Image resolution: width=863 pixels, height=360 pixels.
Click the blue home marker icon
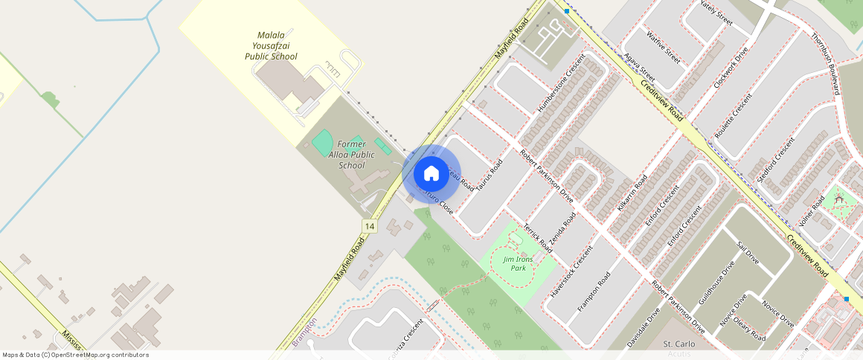(x=431, y=173)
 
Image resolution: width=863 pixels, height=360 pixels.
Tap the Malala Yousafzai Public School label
(x=272, y=46)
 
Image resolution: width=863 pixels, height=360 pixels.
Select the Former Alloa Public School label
(x=352, y=155)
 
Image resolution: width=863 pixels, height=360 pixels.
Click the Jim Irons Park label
(x=514, y=263)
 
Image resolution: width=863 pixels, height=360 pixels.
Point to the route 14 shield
(x=369, y=225)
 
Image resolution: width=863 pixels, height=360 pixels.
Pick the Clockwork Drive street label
(x=730, y=68)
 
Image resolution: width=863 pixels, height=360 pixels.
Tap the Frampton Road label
(x=594, y=292)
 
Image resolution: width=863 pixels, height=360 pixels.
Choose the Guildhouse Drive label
(x=716, y=283)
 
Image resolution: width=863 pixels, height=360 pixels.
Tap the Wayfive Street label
(x=663, y=46)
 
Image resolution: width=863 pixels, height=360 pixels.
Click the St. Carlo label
(x=678, y=344)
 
